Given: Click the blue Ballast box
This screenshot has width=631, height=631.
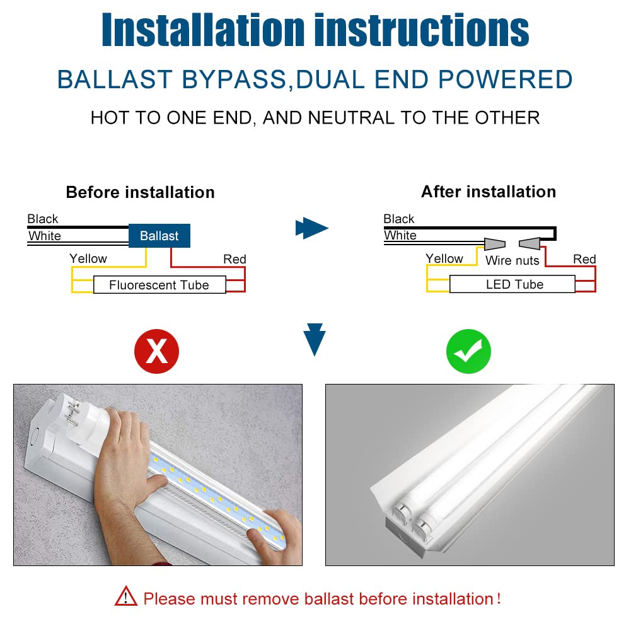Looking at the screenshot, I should coord(159,236).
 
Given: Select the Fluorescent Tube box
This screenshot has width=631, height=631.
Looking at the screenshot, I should coord(159,285).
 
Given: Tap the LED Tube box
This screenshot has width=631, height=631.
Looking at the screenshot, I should coord(514,284).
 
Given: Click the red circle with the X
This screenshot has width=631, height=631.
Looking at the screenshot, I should coord(156,351).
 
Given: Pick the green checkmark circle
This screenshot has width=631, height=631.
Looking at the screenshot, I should coord(468,351).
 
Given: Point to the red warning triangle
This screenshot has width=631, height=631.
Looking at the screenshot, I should coord(125,596).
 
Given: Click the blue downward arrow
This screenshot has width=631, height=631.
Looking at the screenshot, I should coord(314,339).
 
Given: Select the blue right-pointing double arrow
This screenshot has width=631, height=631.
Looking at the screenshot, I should coord(312,228).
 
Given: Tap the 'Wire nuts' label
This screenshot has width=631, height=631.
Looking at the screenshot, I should coord(512,260).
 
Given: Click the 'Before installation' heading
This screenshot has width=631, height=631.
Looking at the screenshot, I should coord(140,192).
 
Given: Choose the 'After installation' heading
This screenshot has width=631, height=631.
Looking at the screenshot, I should coord(488,192).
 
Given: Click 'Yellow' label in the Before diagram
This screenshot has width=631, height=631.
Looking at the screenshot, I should coord(88,258).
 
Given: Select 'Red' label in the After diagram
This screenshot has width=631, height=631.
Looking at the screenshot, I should coord(584,259).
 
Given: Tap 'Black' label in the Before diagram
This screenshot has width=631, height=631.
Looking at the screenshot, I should coord(43,219).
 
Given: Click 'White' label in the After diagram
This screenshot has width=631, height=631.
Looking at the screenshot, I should coord(400,235).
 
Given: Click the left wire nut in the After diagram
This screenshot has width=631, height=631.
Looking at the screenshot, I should coord(494,243).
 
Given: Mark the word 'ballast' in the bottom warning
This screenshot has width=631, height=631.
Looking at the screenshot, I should coord(327,598).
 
